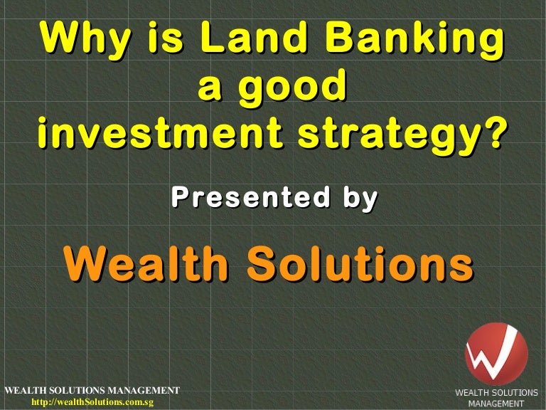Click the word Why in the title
(x=85, y=38)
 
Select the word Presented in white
(x=251, y=197)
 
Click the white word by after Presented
(x=360, y=199)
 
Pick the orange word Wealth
(x=146, y=263)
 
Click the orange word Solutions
(x=360, y=263)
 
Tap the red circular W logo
(x=496, y=354)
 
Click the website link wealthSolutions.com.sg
(x=92, y=402)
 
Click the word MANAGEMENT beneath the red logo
(x=496, y=404)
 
